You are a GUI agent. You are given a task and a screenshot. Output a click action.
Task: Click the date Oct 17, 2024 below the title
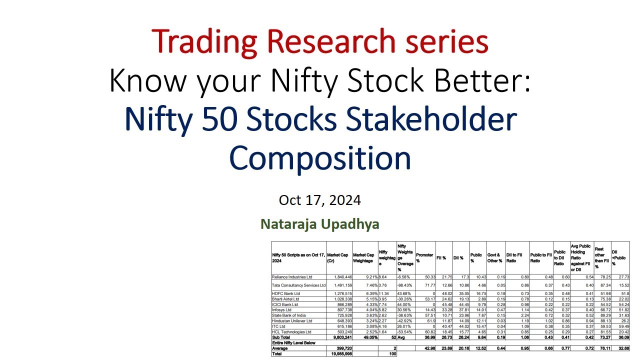point(320,200)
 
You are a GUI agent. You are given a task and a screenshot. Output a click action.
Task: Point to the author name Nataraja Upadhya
point(320,224)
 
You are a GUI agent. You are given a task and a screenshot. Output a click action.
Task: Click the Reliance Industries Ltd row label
point(292,276)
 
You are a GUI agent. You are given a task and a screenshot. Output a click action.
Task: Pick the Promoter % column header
point(424,257)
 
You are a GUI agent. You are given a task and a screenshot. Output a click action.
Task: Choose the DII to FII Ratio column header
point(516,257)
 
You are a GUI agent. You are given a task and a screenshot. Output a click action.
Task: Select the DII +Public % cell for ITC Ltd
point(622,326)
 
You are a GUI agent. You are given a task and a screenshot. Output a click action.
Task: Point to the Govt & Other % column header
point(494,257)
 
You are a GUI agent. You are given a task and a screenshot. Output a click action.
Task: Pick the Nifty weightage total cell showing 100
point(392,353)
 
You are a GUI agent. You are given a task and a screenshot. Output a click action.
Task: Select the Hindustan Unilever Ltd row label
point(291,320)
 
